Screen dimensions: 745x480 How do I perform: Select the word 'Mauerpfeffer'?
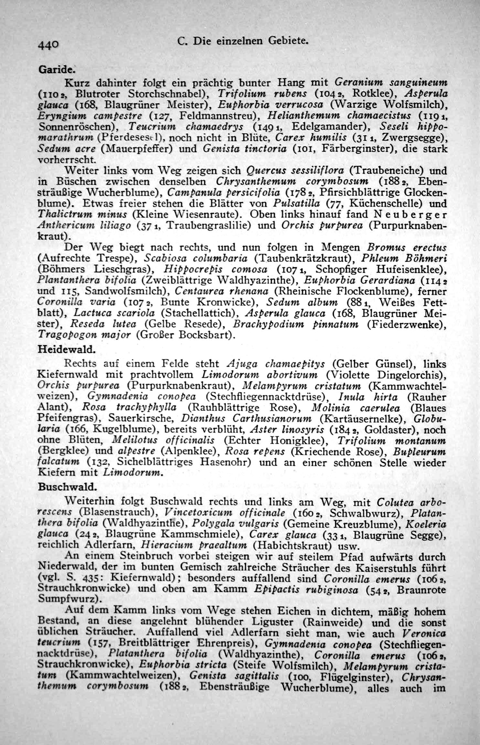[x=137, y=149]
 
